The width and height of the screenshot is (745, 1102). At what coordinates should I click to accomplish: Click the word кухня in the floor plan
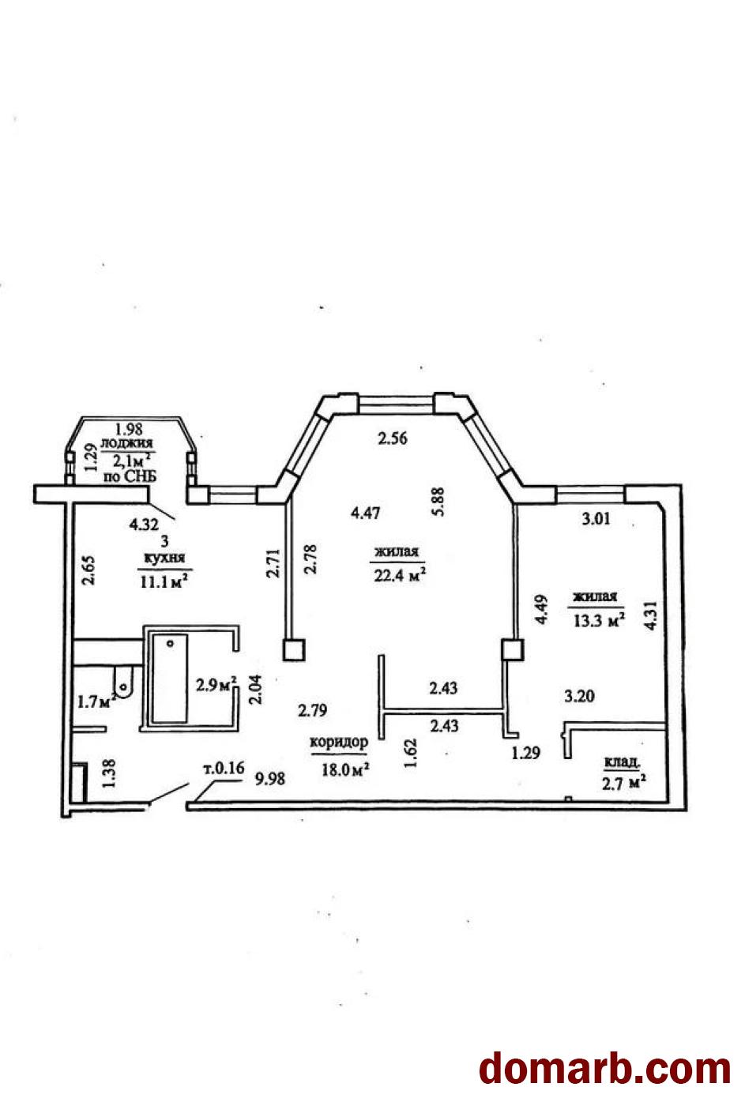164,558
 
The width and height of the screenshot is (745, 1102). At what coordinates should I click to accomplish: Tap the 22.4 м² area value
400,574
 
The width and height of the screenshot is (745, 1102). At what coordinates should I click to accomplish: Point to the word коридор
339,742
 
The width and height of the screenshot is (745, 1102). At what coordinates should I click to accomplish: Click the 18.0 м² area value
345,769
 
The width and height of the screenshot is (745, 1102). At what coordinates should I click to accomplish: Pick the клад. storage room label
623,762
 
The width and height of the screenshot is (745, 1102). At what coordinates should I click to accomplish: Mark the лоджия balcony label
127,443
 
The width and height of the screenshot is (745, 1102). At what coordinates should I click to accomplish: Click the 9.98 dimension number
270,779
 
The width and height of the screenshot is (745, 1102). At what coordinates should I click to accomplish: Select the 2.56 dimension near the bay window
393,438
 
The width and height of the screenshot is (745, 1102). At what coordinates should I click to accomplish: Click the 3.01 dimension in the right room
596,518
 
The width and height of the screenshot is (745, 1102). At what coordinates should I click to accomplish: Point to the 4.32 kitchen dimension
144,525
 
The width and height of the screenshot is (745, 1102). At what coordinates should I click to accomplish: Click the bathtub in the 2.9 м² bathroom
170,679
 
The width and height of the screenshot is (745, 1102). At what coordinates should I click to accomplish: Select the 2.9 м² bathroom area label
216,684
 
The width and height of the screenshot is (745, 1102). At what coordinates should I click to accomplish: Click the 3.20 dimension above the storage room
579,696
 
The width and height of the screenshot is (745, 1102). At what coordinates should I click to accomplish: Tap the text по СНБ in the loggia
130,476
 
